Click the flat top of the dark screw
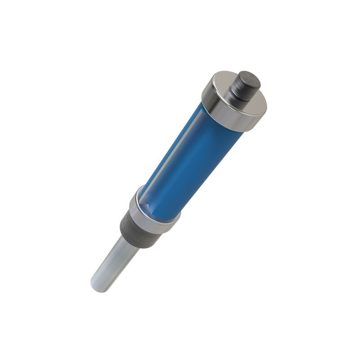tap(249, 79)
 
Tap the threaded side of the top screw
tap(239, 90)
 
